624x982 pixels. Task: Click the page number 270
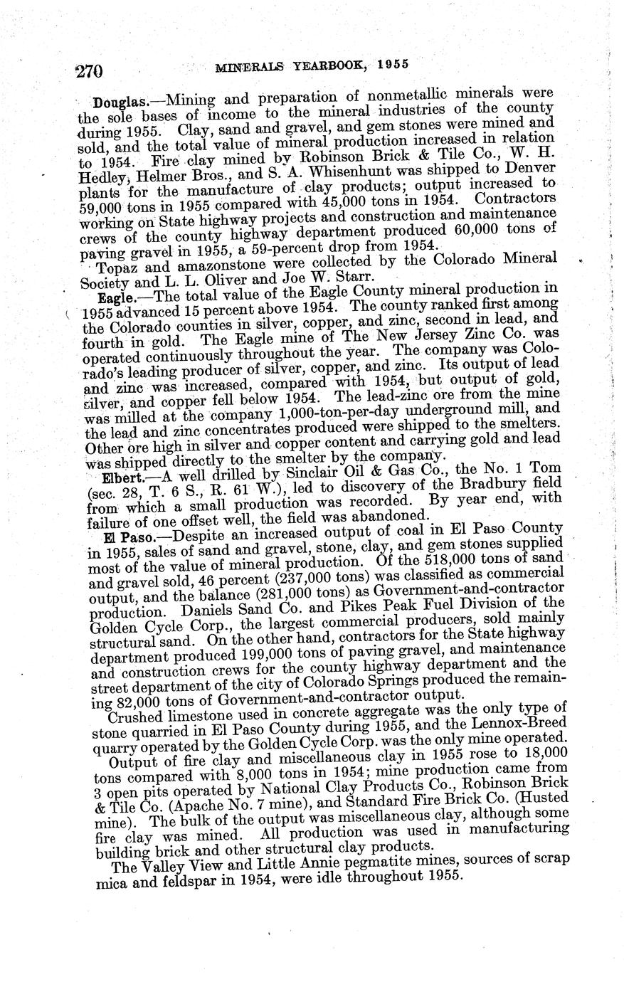point(90,70)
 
